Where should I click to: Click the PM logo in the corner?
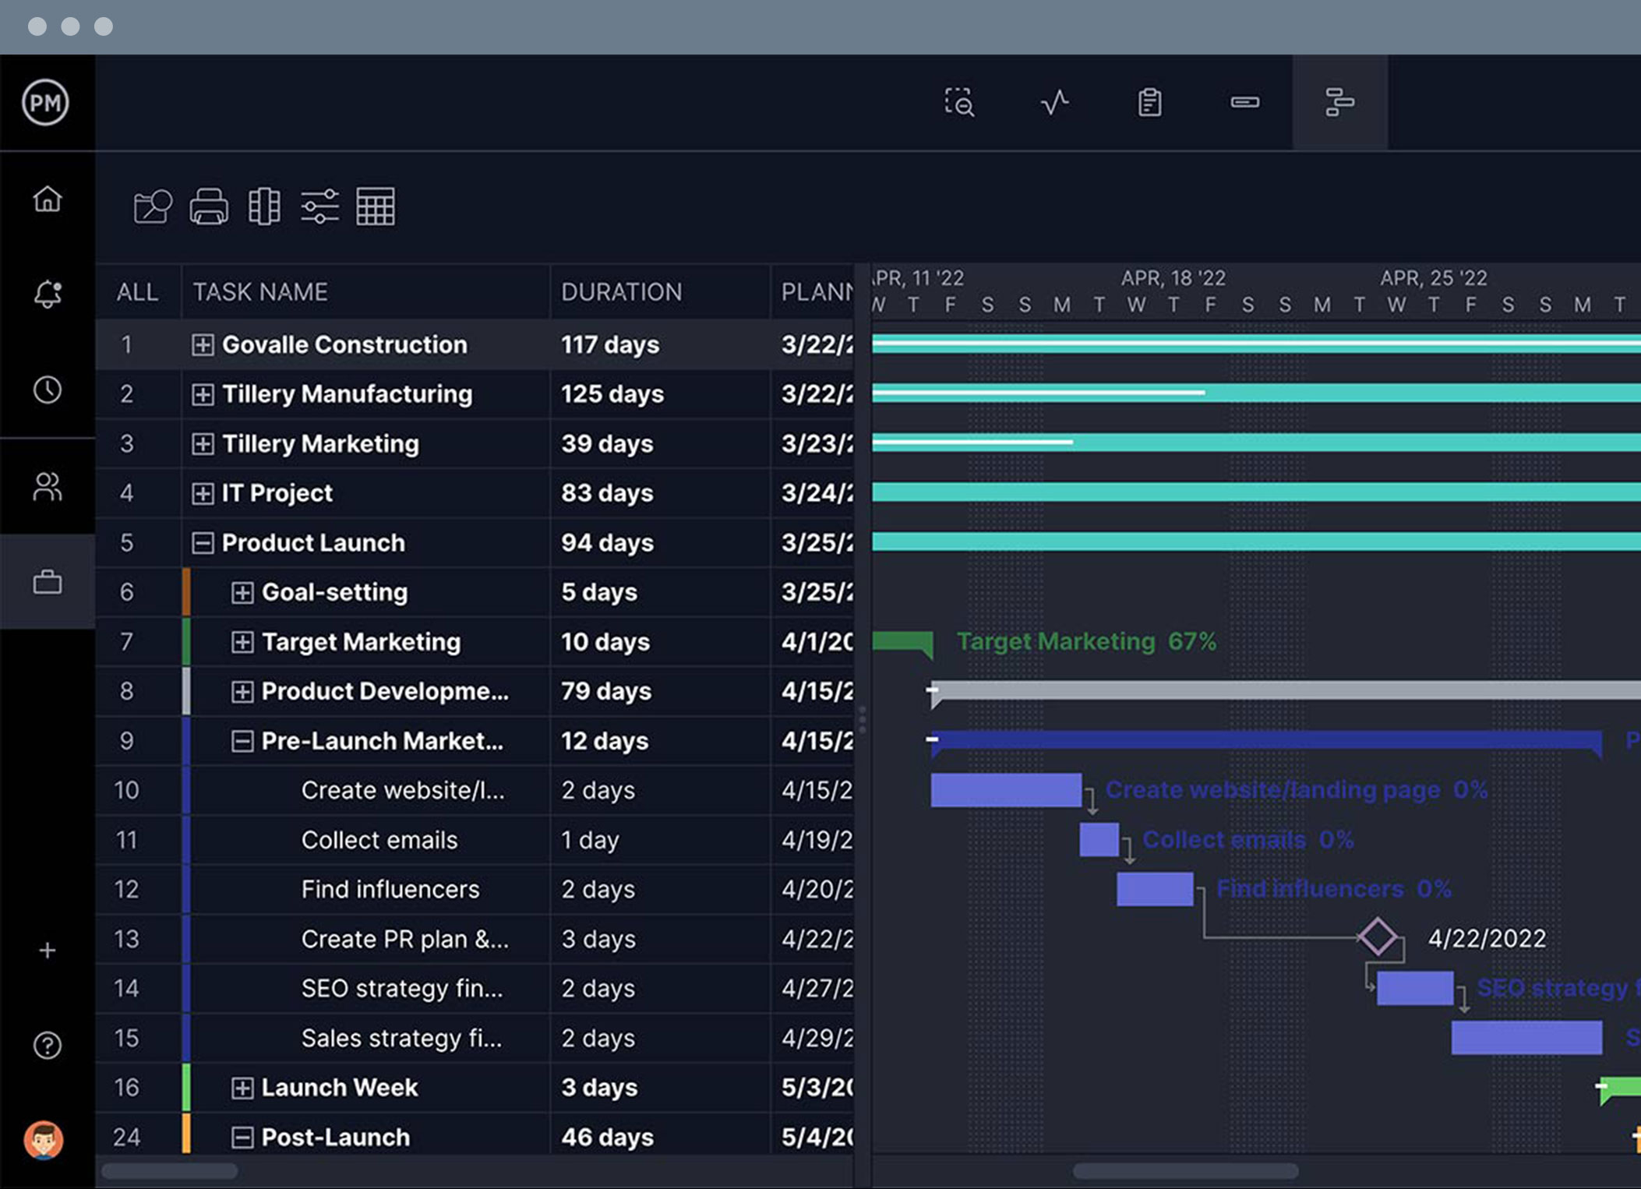tap(45, 102)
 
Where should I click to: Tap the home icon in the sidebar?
tap(47, 199)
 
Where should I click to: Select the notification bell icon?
tap(47, 294)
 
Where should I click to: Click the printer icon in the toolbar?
tap(209, 206)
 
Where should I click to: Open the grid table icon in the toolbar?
tap(375, 206)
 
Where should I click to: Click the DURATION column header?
tap(621, 291)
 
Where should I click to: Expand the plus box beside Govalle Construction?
tap(203, 344)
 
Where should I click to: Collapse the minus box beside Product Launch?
tap(203, 543)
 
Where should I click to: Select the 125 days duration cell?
tap(612, 394)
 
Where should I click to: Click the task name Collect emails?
tap(379, 840)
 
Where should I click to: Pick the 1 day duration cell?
tap(590, 840)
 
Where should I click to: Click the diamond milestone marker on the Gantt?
tap(1377, 937)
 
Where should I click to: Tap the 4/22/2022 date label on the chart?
tap(1486, 938)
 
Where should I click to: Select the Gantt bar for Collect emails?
tap(1099, 839)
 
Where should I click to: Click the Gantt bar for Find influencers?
tap(1154, 889)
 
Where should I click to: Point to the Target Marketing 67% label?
tap(1085, 641)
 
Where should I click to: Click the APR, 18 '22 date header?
tap(1173, 278)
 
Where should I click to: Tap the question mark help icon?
tap(47, 1045)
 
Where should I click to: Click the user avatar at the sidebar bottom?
tap(44, 1140)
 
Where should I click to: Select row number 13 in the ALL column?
tap(126, 939)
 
